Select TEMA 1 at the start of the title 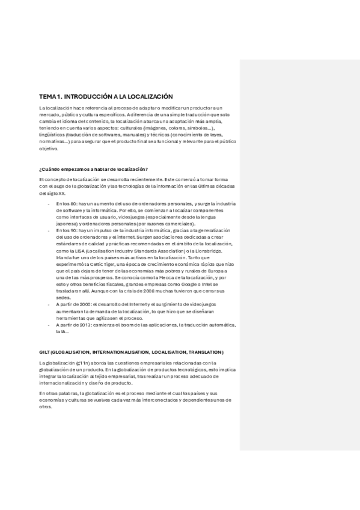[50, 96]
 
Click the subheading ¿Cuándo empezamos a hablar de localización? [93, 169]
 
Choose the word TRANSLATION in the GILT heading [203, 352]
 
